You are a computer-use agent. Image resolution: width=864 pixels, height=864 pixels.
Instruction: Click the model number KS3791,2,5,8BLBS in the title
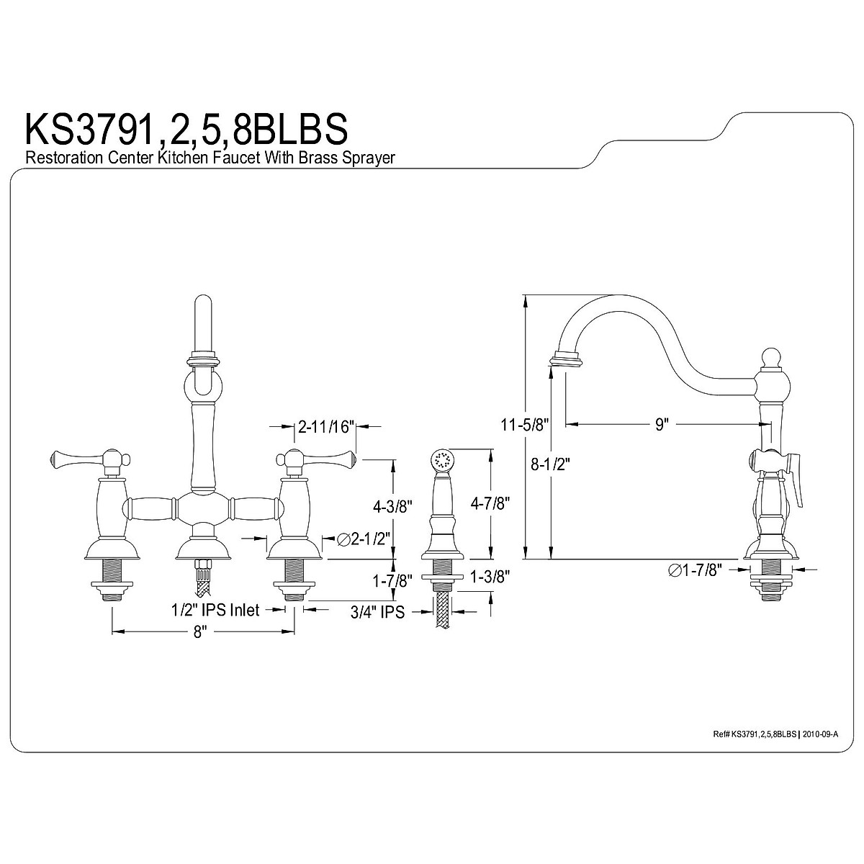tap(186, 128)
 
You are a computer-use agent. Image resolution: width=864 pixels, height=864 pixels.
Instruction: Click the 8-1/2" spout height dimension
tap(550, 464)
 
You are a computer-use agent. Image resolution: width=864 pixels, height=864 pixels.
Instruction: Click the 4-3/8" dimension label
tap(392, 507)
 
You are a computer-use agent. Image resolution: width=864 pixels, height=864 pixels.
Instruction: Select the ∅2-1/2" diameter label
tap(363, 539)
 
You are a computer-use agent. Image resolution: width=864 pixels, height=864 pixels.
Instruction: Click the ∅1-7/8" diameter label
tap(696, 570)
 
